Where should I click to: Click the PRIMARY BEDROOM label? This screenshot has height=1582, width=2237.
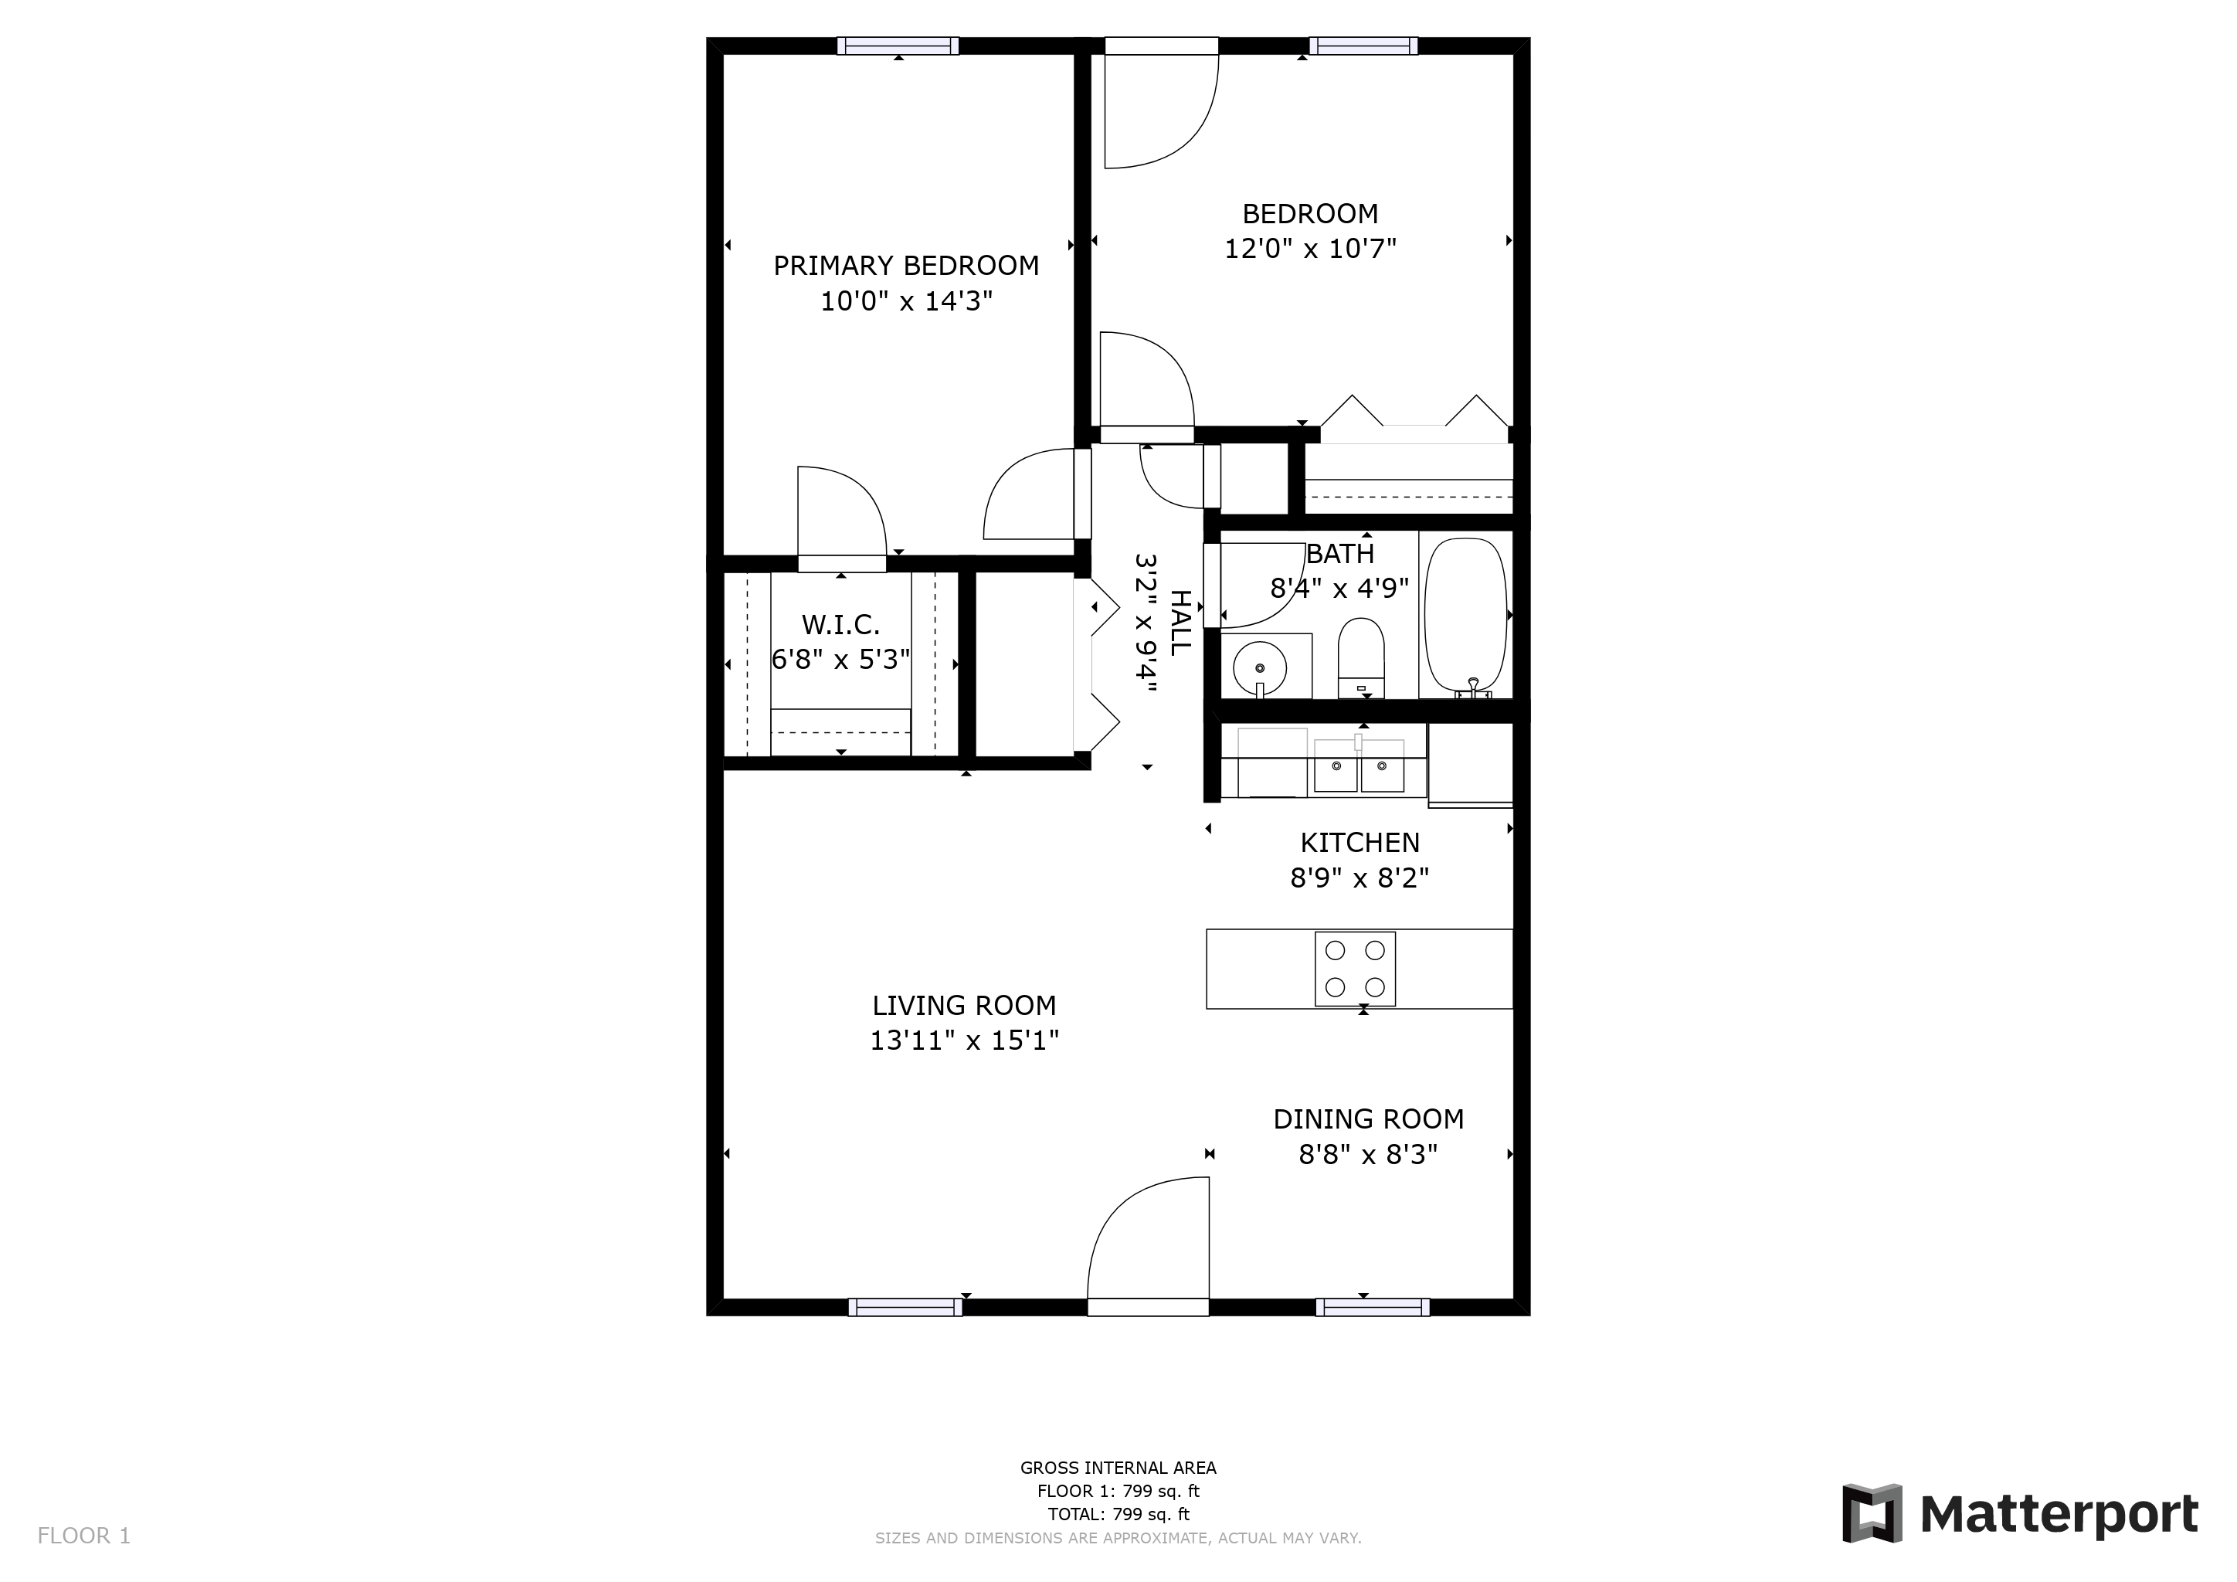(906, 266)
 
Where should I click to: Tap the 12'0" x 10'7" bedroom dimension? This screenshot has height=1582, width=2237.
(1310, 250)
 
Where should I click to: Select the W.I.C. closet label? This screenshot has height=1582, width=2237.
(841, 624)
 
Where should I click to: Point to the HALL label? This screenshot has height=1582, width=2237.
(1180, 623)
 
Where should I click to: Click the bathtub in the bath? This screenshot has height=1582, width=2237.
(1465, 616)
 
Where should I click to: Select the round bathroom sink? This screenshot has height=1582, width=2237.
(1260, 668)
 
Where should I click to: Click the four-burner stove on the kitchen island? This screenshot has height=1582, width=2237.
(1356, 969)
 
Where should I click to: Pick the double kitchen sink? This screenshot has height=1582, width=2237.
(1360, 766)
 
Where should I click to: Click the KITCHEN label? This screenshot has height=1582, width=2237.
(1360, 843)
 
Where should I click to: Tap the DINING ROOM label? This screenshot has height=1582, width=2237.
(1369, 1119)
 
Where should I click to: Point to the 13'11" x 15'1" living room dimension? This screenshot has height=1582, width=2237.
(965, 1041)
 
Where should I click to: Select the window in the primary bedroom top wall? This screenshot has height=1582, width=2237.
(898, 46)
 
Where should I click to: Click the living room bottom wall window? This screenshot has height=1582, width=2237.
(905, 1307)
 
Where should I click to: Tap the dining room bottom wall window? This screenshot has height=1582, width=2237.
(1373, 1307)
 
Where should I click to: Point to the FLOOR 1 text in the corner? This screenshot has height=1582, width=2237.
(83, 1536)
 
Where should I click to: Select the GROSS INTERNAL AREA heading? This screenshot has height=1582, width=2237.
(1118, 1468)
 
